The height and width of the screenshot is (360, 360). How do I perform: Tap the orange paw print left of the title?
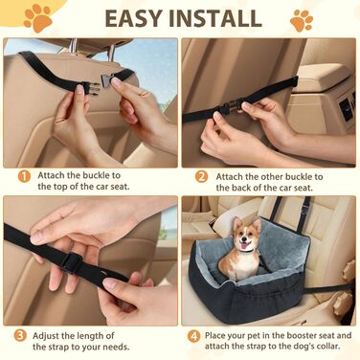click(x=38, y=17)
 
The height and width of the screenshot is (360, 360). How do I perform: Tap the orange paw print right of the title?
click(x=302, y=20)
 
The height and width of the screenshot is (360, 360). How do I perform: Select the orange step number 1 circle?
click(x=24, y=176)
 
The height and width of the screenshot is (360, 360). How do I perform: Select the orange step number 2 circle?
click(x=201, y=176)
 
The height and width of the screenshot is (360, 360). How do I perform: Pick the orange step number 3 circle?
click(x=20, y=335)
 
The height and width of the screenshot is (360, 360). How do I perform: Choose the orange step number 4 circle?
click(x=193, y=336)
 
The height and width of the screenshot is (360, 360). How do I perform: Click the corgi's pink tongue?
click(x=245, y=245)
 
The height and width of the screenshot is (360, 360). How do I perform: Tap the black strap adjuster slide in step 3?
click(x=71, y=262)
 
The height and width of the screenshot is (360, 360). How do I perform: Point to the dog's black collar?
click(x=246, y=251)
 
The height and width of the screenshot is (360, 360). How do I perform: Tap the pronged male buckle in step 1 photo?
click(x=88, y=88)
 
